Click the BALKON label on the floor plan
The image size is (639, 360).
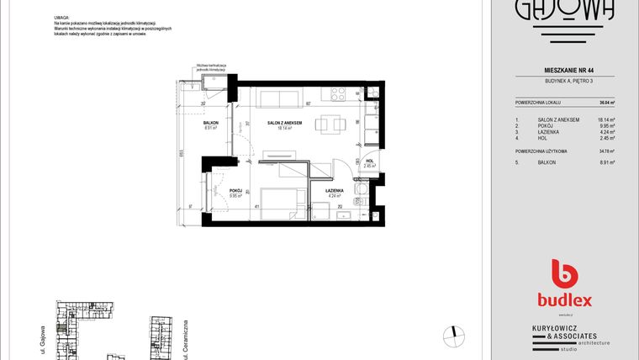tap(210, 123)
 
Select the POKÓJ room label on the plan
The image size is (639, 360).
tap(235, 191)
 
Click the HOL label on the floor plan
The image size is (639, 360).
tap(368, 161)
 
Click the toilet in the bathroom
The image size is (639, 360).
tap(359, 200)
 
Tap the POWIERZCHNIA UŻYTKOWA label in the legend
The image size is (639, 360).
tap(543, 151)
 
